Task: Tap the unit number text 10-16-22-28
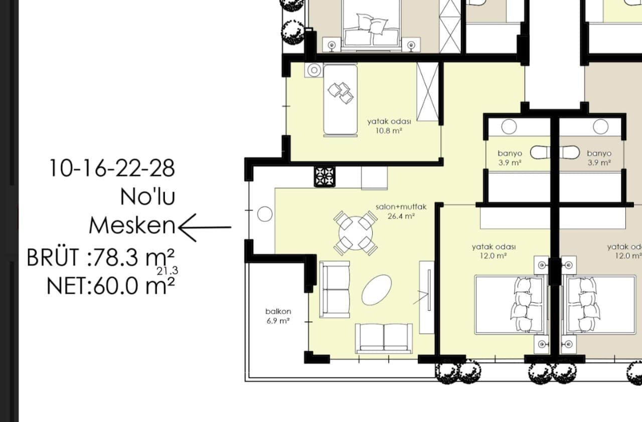tap(112, 168)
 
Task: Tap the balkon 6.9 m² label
tap(277, 316)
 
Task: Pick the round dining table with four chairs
tap(356, 233)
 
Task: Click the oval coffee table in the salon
tap(377, 290)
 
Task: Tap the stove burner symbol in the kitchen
tap(324, 177)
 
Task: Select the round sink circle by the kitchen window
tap(264, 215)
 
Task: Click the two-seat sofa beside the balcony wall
tap(335, 290)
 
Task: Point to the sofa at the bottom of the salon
tap(384, 337)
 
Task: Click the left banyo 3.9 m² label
tap(510, 158)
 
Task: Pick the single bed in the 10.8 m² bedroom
tap(340, 100)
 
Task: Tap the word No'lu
tap(147, 197)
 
